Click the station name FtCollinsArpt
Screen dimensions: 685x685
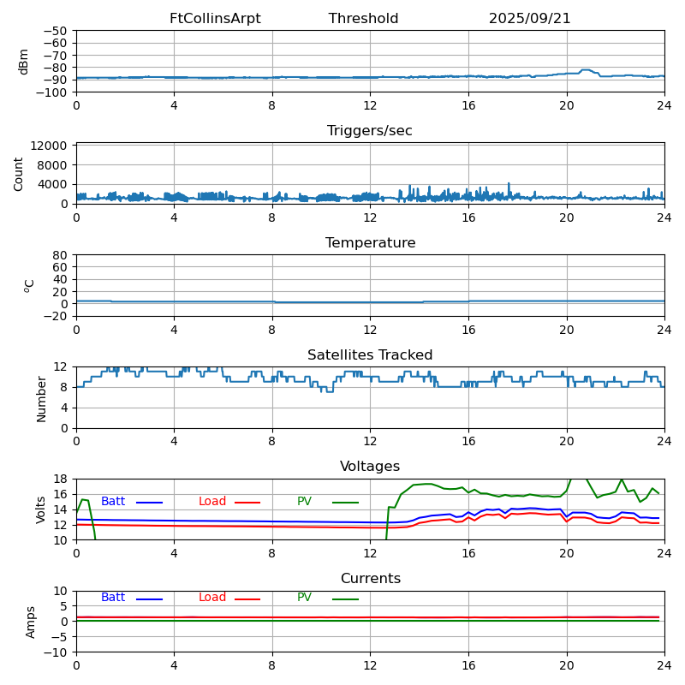[215, 19]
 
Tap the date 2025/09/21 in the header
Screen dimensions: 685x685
[529, 19]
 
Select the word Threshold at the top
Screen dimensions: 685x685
[363, 19]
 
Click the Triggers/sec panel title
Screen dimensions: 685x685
[370, 131]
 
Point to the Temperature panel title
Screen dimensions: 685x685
[370, 243]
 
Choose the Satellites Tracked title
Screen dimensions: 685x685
[370, 355]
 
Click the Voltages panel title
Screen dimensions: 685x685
[370, 467]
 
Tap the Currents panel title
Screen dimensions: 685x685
[370, 579]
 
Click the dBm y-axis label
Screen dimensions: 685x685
[24, 61]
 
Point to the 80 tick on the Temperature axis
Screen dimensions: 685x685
[61, 255]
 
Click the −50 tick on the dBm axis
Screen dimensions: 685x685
[56, 31]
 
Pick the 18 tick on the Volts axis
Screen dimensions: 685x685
[61, 479]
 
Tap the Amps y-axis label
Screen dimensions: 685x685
[31, 622]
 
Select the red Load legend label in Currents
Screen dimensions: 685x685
[212, 598]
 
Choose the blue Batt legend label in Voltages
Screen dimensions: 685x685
[113, 502]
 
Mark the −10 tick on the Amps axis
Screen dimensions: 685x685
[56, 652]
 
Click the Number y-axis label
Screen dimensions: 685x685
[41, 397]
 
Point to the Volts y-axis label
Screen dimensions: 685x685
[41, 509]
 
